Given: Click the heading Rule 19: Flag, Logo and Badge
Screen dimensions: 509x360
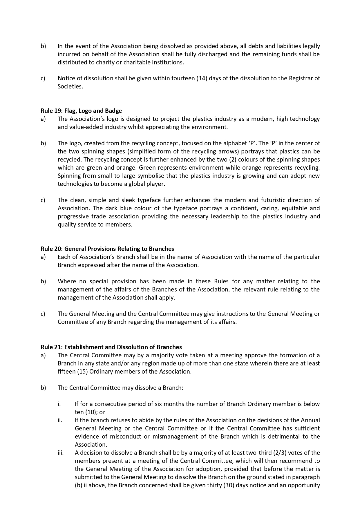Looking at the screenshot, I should point(81,111).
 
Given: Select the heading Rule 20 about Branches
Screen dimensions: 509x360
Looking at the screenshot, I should point(107,249).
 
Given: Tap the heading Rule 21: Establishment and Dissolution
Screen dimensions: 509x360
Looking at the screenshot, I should point(111,347).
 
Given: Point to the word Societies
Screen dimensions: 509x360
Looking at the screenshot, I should point(70,86).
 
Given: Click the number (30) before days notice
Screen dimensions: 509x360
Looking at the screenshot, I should point(229,485).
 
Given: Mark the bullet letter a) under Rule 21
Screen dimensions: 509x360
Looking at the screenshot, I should point(43,355).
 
